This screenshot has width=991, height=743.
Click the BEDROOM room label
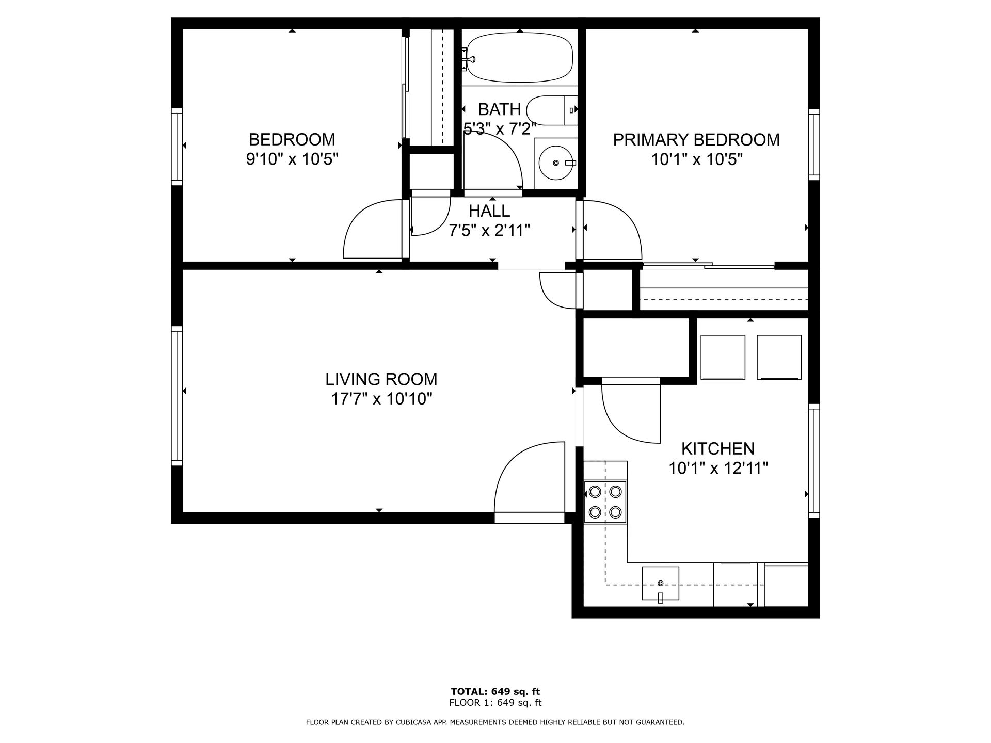pos(292,139)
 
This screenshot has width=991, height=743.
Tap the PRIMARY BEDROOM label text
pos(696,139)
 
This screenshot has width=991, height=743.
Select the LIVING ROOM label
pos(381,379)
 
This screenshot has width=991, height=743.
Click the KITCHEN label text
pos(717,448)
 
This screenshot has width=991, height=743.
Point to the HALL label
pos(489,211)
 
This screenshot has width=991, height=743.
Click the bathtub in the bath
pos(520,57)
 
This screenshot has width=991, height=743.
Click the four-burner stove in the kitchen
pos(605,502)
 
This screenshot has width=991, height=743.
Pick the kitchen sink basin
pos(660,583)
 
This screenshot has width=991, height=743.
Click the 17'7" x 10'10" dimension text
pos(381,399)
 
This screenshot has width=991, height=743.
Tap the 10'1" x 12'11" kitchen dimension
pos(718,468)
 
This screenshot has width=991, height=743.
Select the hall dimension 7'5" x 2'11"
pos(489,230)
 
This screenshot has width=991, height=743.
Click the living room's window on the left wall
pos(177,395)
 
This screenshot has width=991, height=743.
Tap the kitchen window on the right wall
pos(813,460)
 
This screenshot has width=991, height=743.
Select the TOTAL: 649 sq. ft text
pos(495,691)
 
